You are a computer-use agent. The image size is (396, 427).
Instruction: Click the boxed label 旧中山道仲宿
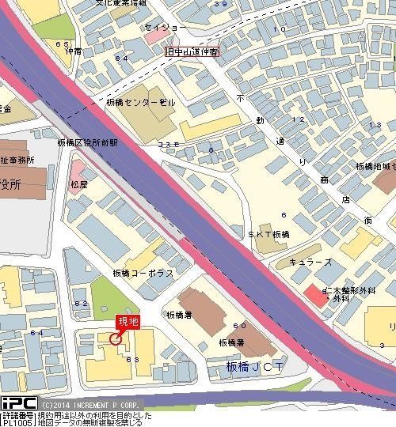[x=192, y=52]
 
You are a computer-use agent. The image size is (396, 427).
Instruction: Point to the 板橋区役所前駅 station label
[x=87, y=143]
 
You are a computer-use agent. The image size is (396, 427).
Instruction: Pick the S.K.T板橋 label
[x=268, y=235]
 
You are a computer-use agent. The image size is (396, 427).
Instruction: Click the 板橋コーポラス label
[x=143, y=274]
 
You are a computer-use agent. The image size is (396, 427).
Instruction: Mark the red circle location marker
[x=116, y=339]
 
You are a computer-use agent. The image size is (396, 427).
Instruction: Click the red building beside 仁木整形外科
[x=313, y=292]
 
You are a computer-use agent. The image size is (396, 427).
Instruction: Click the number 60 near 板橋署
[x=238, y=326]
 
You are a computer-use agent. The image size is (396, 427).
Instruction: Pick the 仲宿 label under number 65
[x=73, y=51]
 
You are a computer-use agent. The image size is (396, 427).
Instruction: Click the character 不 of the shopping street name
[x=240, y=96]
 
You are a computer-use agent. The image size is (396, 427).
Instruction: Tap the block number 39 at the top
[x=220, y=4]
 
